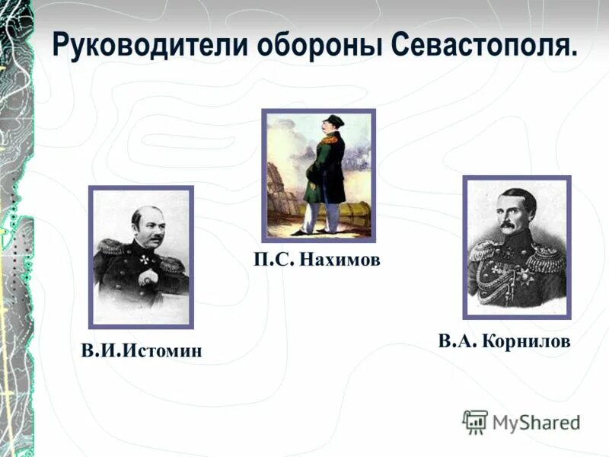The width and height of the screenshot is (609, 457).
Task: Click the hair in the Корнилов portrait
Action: tap(513, 197)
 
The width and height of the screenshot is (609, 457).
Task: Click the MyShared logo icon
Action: tap(475, 421)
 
